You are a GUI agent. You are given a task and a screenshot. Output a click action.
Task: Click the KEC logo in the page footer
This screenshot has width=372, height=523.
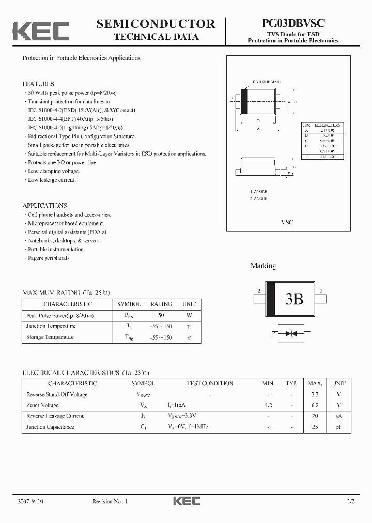click(x=186, y=501)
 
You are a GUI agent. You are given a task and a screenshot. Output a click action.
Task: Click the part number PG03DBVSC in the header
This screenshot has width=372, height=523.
click(x=293, y=24)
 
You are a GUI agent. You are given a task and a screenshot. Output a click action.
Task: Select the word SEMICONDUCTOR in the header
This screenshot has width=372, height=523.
click(x=156, y=24)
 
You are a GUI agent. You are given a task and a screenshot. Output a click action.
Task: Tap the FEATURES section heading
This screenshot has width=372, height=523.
click(x=38, y=84)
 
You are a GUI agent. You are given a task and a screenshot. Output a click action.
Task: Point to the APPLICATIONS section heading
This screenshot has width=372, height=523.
click(x=45, y=206)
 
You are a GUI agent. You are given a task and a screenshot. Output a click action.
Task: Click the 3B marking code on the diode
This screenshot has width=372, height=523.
click(x=294, y=299)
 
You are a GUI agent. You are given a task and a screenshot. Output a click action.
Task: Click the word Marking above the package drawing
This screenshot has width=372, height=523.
click(x=263, y=266)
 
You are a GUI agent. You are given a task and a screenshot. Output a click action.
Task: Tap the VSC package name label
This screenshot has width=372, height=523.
click(x=287, y=222)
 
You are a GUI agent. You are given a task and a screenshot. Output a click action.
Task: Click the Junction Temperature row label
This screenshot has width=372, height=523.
click(x=51, y=326)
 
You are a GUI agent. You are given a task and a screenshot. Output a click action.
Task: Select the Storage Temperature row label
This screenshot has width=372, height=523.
click(x=50, y=337)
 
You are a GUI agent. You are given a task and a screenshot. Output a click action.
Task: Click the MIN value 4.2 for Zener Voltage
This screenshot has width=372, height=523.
click(x=268, y=406)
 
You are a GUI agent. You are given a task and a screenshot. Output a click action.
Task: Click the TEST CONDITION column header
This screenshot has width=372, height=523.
click(x=210, y=383)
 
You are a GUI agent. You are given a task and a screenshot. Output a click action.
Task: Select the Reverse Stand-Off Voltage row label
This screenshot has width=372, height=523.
click(x=57, y=394)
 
